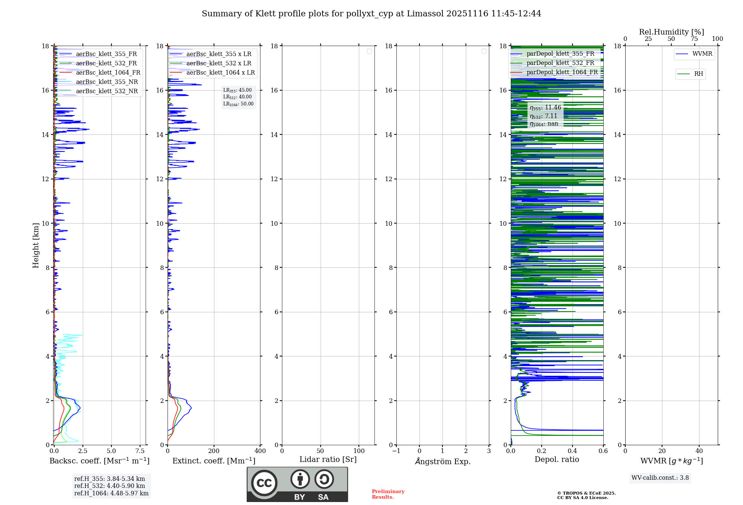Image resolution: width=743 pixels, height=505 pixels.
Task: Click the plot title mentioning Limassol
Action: [x=371, y=14]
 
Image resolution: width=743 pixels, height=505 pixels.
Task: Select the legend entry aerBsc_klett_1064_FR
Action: [x=108, y=73]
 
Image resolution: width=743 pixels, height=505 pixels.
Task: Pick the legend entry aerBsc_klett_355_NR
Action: [x=107, y=82]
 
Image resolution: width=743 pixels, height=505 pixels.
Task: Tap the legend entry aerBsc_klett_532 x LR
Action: [x=218, y=63]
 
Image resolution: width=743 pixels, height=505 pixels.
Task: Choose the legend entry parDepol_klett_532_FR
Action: [x=560, y=63]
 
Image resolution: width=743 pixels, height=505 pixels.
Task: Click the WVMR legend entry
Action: [x=702, y=54]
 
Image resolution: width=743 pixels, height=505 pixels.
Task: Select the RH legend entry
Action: [x=698, y=74]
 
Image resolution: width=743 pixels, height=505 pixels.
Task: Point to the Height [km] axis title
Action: [x=36, y=245]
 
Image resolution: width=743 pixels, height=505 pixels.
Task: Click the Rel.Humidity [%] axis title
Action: [x=671, y=32]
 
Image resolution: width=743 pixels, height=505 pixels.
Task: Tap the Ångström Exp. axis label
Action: [x=442, y=461]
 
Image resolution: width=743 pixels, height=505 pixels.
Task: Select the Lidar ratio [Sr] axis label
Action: [x=328, y=460]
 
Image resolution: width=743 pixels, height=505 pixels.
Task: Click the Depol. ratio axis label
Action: [x=557, y=460]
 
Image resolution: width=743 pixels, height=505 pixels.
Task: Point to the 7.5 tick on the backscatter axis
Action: [x=140, y=451]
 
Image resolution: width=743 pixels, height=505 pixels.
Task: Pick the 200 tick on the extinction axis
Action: [x=214, y=451]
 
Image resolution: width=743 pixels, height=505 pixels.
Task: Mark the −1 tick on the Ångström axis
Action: [x=396, y=451]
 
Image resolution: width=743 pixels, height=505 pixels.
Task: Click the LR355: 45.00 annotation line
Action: [x=237, y=90]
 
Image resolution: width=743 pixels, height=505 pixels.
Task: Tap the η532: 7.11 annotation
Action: [x=544, y=116]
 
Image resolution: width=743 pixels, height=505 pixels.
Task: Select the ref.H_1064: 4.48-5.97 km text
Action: [x=111, y=493]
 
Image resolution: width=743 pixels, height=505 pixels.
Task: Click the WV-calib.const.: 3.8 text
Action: [x=660, y=478]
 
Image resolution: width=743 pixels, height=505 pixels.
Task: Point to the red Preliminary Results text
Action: [x=388, y=494]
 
